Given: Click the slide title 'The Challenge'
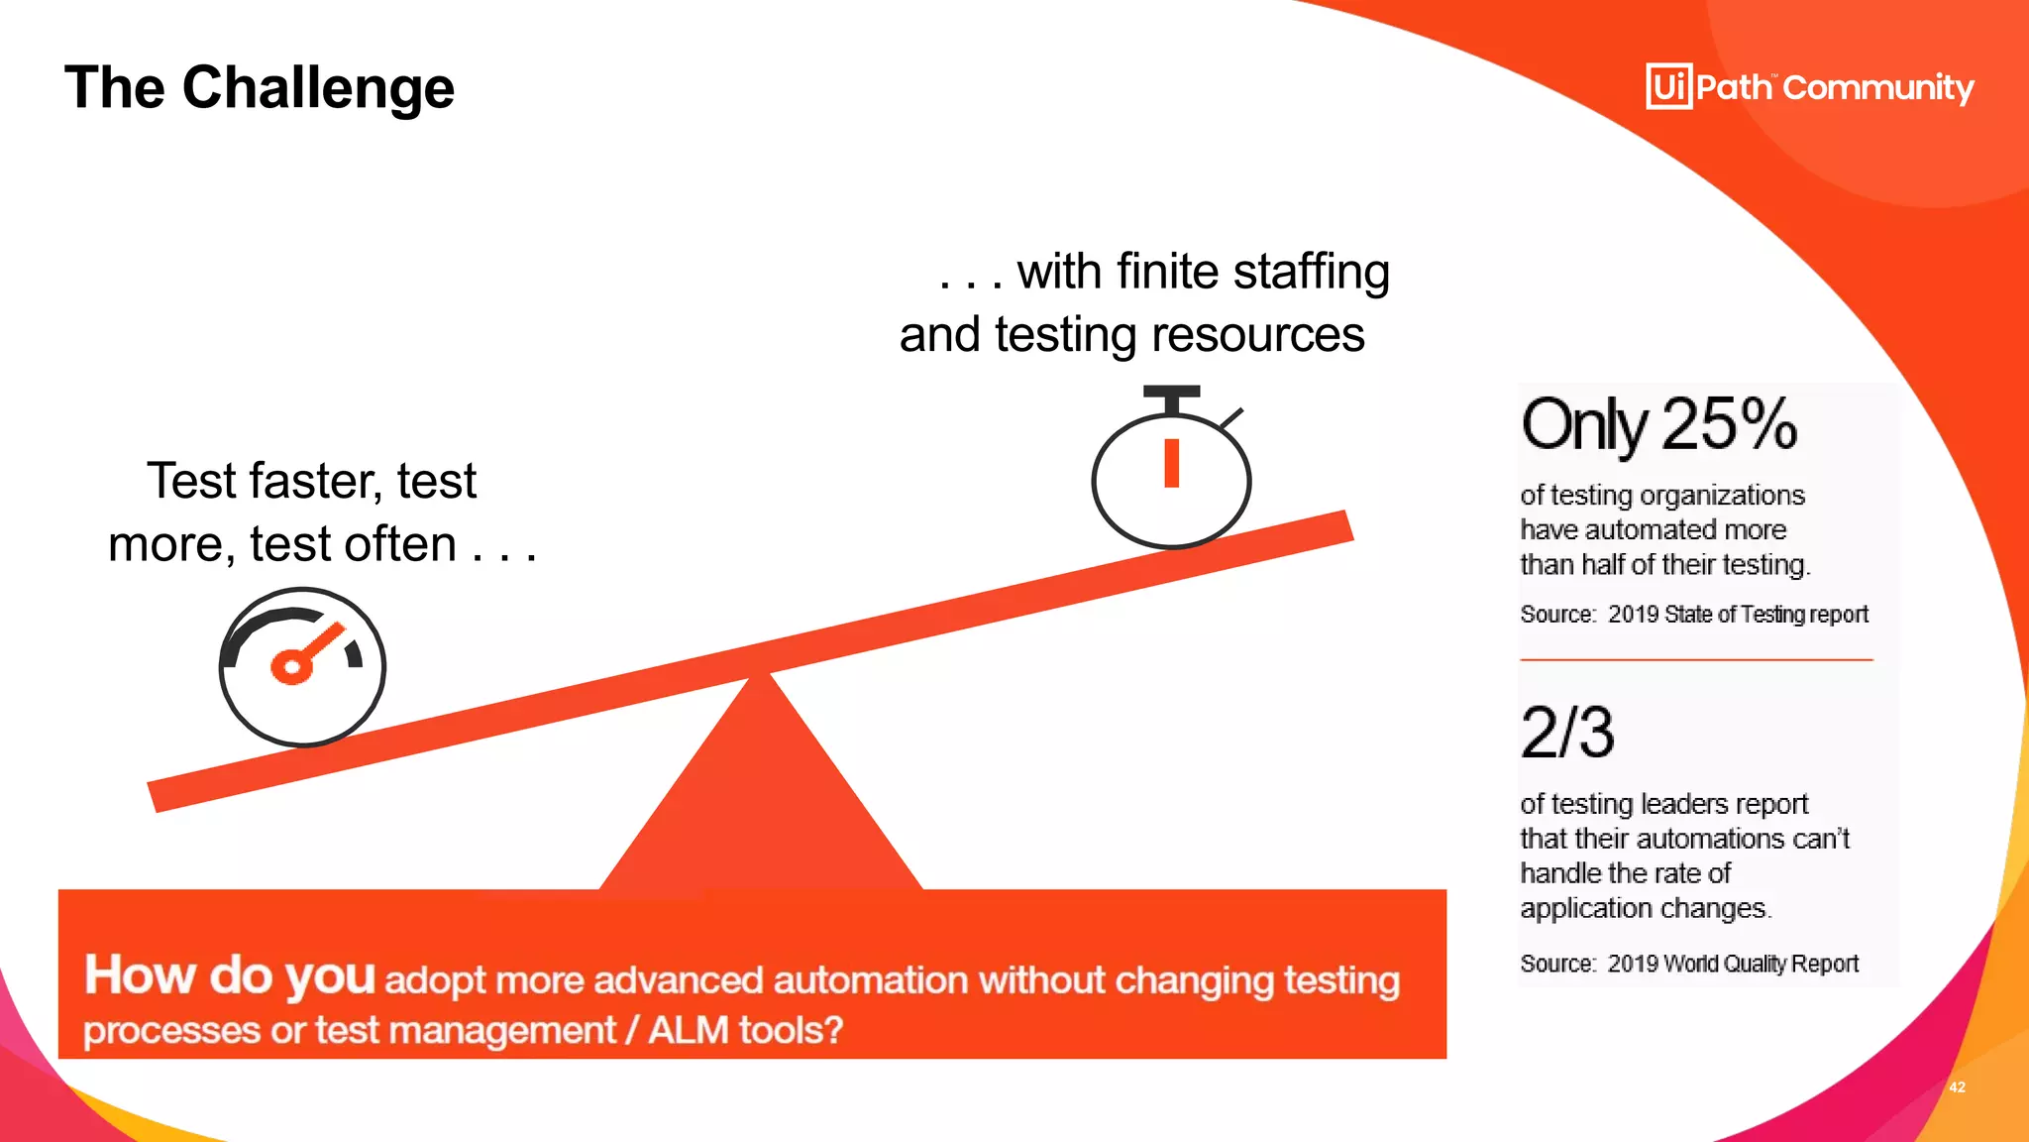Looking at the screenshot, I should pyautogui.click(x=260, y=87).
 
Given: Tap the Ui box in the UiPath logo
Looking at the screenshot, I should pyautogui.click(x=1668, y=87).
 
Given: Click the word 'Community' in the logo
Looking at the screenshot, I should pyautogui.click(x=1878, y=88).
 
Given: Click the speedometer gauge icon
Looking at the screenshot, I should pyautogui.click(x=302, y=666).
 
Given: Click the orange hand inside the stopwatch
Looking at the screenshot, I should pyautogui.click(x=1172, y=463).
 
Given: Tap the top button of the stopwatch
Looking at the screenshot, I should pyautogui.click(x=1172, y=394).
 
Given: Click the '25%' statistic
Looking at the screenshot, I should pyautogui.click(x=1729, y=424).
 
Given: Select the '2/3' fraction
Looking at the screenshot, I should pyautogui.click(x=1567, y=734).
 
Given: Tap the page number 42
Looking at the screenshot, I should pyautogui.click(x=1957, y=1087).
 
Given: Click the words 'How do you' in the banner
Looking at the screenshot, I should pyautogui.click(x=230, y=975).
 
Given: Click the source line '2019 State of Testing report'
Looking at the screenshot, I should pyautogui.click(x=1738, y=615).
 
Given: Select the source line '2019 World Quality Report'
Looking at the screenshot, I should pyautogui.click(x=1733, y=964).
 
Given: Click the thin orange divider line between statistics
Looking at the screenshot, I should pyautogui.click(x=1696, y=659).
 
